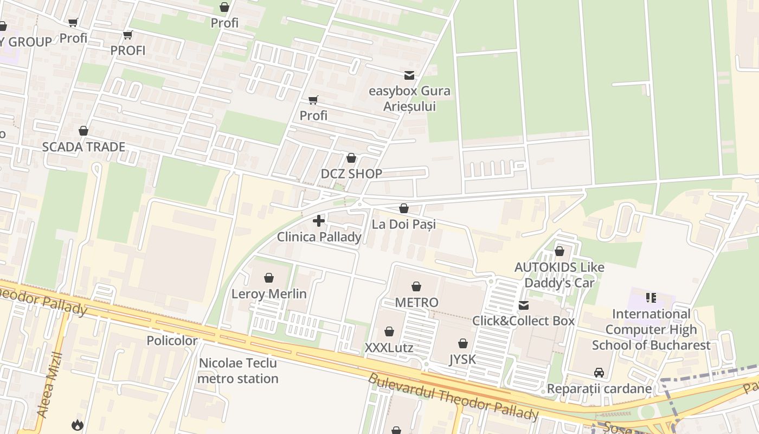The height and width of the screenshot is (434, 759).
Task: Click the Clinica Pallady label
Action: click(319, 237)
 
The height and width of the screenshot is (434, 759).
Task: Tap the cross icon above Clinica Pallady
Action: click(319, 221)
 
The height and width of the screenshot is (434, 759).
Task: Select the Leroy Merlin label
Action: click(269, 294)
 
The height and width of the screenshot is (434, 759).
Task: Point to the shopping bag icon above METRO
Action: click(416, 286)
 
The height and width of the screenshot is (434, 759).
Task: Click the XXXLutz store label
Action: click(389, 348)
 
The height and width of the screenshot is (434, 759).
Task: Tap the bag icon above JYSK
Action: click(462, 343)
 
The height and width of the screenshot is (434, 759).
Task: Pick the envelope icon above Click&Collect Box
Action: click(524, 305)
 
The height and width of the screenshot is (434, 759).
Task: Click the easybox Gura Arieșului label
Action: click(409, 98)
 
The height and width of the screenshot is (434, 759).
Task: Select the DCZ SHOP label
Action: click(351, 174)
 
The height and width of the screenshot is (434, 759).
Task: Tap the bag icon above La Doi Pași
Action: click(403, 208)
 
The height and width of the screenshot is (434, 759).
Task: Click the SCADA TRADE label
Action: click(83, 147)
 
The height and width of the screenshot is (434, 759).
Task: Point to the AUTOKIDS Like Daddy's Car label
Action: click(559, 275)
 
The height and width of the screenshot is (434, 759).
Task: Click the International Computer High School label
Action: click(651, 329)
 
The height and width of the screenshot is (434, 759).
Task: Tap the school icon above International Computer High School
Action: click(651, 297)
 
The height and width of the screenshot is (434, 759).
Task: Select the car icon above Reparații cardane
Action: click(599, 373)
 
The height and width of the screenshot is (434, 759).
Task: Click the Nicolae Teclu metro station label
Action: click(238, 371)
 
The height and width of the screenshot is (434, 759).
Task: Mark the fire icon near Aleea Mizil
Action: click(78, 425)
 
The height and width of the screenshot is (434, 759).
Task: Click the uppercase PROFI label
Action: click(128, 50)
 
